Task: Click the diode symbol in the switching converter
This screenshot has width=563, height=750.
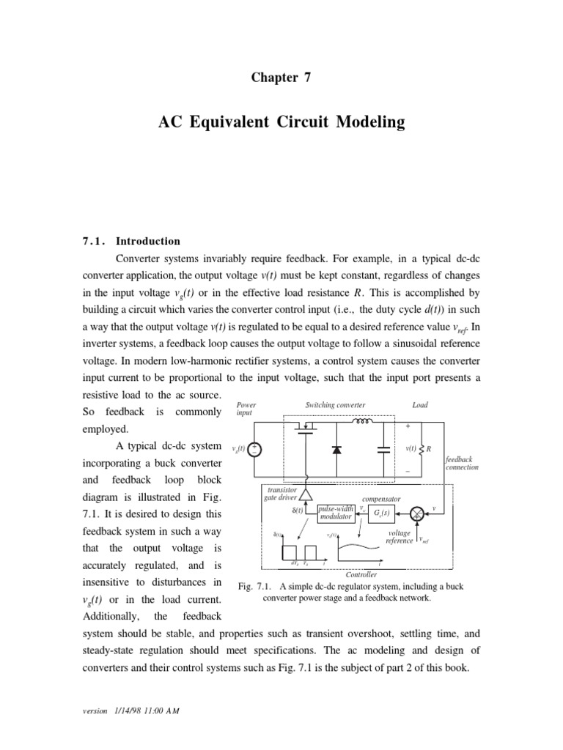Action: pyautogui.click(x=336, y=450)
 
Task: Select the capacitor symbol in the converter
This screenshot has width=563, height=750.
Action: pyautogui.click(x=383, y=450)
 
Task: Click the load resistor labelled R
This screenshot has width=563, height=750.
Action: pyautogui.click(x=421, y=448)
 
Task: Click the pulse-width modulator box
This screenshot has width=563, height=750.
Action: pyautogui.click(x=336, y=513)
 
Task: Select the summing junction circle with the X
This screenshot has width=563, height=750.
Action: pyautogui.click(x=418, y=513)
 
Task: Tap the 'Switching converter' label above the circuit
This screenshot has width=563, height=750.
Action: pyautogui.click(x=334, y=405)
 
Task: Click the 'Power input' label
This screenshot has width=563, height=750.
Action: pyautogui.click(x=246, y=409)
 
